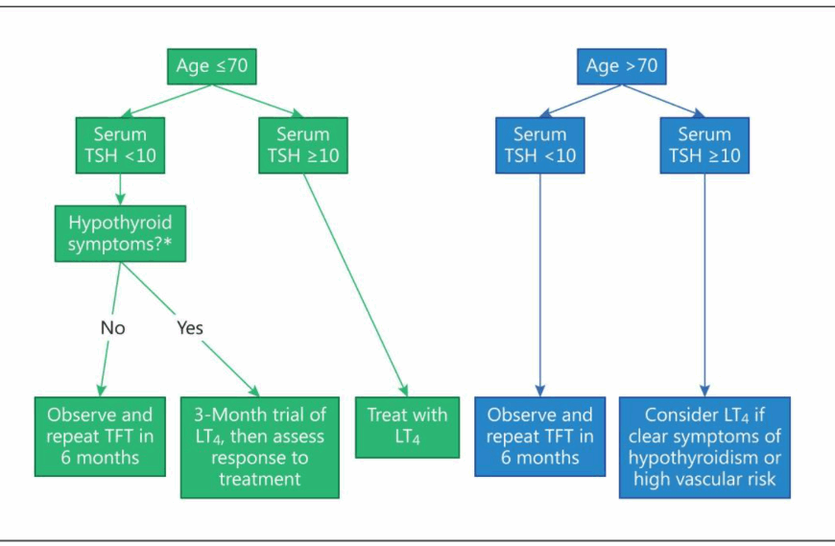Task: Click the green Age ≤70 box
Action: pyautogui.click(x=212, y=66)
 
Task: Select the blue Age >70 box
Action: pyautogui.click(x=622, y=66)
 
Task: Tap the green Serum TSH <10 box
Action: pyautogui.click(x=120, y=145)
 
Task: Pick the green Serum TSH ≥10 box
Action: pyautogui.click(x=303, y=145)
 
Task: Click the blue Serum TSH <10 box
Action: pyautogui.click(x=540, y=145)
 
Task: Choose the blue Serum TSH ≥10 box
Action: pyautogui.click(x=704, y=145)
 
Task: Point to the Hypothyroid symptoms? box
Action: pyautogui.click(x=120, y=233)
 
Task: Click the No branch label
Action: pyautogui.click(x=113, y=328)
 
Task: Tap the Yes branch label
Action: pyautogui.click(x=190, y=328)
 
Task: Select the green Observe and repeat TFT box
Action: pyautogui.click(x=100, y=437)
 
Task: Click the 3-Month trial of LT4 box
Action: pyautogui.click(x=260, y=447)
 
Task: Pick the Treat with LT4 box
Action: pyautogui.click(x=407, y=427)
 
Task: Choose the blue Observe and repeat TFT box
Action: pyautogui.click(x=540, y=437)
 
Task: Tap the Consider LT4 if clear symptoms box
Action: pyautogui.click(x=704, y=447)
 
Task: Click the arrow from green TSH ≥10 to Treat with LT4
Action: pyautogui.click(x=356, y=285)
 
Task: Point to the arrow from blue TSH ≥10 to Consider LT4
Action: pyautogui.click(x=704, y=285)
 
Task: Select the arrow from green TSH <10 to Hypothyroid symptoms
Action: pyautogui.click(x=120, y=189)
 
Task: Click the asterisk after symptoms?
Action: pyautogui.click(x=168, y=243)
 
